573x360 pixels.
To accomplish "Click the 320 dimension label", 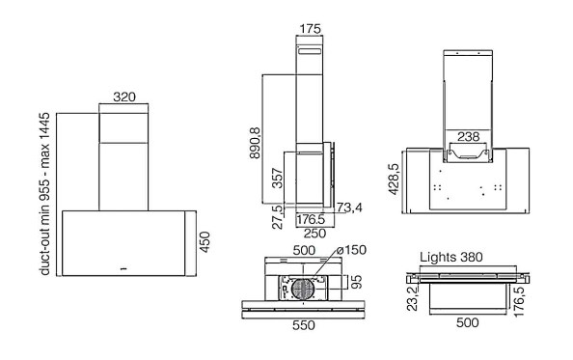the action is click(124, 97).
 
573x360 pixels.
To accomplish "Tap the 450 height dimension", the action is click(205, 242).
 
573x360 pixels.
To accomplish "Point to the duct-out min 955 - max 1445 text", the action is click(44, 194).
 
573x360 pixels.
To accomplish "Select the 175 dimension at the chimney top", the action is click(310, 29).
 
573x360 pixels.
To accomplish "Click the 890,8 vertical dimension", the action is click(255, 143).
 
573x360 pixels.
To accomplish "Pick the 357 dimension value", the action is click(278, 178).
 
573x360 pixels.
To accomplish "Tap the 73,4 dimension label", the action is click(349, 208).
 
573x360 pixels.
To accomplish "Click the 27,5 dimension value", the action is click(278, 216).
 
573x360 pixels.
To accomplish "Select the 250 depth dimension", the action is click(314, 233).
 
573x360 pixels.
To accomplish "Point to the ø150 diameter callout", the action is click(351, 250).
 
